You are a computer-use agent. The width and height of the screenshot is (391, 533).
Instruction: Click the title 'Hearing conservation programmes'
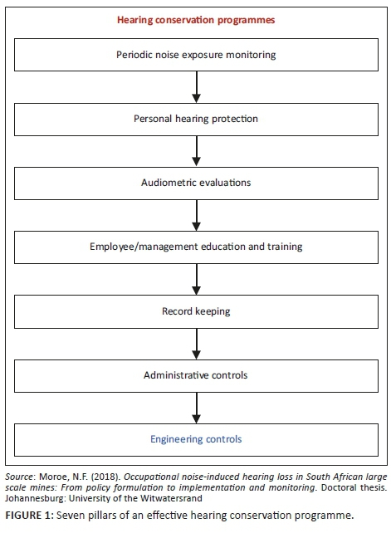click(x=196, y=17)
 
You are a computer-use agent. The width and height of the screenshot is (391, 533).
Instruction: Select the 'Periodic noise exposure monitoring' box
click(x=196, y=55)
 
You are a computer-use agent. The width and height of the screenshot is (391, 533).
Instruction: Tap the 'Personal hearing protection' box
click(x=196, y=119)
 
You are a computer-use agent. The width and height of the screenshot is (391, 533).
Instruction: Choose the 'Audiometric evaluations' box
click(x=196, y=183)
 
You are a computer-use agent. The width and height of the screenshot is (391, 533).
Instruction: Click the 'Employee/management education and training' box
click(x=196, y=247)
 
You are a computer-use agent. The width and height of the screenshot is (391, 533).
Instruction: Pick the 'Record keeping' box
click(x=196, y=311)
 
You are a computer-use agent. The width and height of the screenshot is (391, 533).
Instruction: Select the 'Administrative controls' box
click(x=196, y=374)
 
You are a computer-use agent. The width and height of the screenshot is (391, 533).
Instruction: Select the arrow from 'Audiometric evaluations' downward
click(x=196, y=214)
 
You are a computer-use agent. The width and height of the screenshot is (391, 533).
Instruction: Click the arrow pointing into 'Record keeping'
click(x=196, y=278)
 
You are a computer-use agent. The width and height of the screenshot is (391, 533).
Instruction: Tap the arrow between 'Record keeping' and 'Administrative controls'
click(x=196, y=342)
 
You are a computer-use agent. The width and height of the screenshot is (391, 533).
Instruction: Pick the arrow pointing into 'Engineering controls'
click(x=196, y=406)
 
